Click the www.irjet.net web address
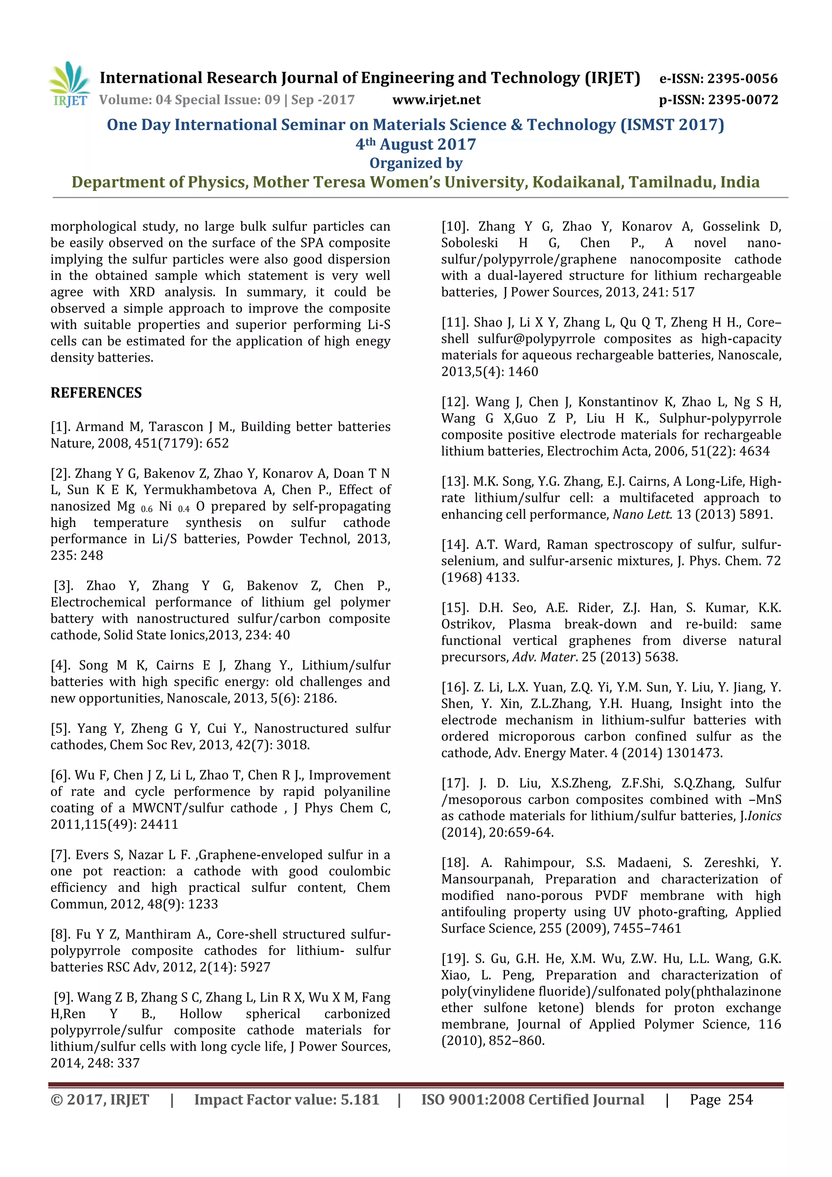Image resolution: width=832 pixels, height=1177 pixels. [x=436, y=100]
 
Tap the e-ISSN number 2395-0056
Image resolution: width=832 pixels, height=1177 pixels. [x=742, y=78]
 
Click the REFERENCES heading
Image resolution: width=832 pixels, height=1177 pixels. [x=96, y=393]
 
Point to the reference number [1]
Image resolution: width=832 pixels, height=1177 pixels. [x=61, y=427]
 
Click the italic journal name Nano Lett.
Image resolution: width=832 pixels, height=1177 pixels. [x=642, y=514]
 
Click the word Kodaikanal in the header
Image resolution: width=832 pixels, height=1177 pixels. [x=576, y=182]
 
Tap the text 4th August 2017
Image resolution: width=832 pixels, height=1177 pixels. [x=416, y=145]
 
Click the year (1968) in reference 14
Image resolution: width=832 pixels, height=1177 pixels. [x=462, y=577]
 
